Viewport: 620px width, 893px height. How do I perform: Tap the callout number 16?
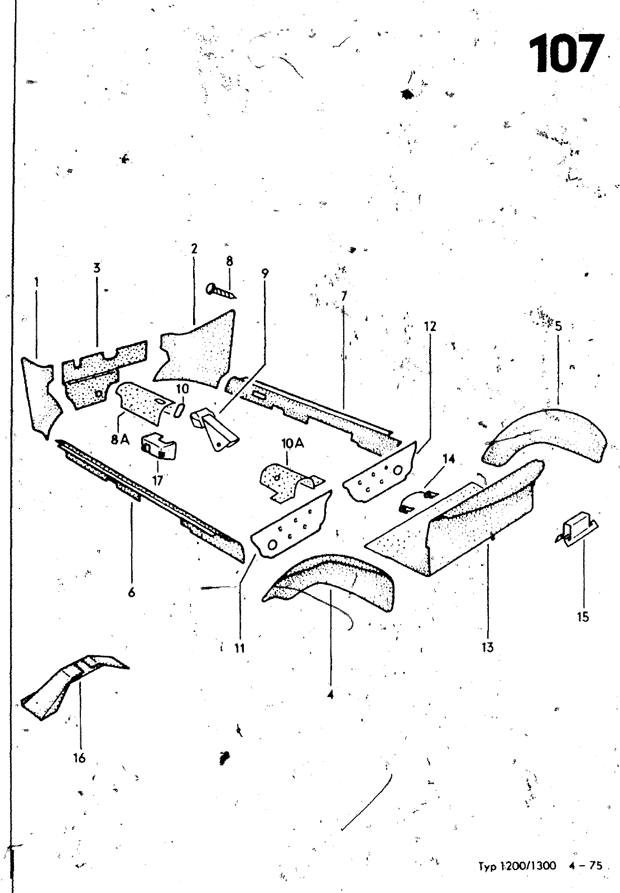79,758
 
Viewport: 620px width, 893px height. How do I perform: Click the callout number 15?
583,617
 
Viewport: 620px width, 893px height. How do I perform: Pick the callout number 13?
487,647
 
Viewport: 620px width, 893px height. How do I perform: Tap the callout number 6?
132,592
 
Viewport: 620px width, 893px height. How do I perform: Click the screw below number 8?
221,290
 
